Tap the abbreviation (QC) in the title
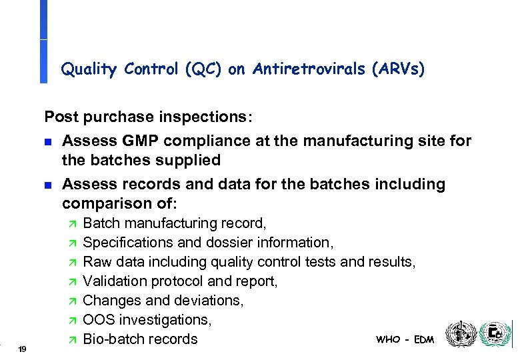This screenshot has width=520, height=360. tap(202, 69)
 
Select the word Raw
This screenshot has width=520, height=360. tap(97, 261)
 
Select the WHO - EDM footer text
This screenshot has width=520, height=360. tap(405, 339)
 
